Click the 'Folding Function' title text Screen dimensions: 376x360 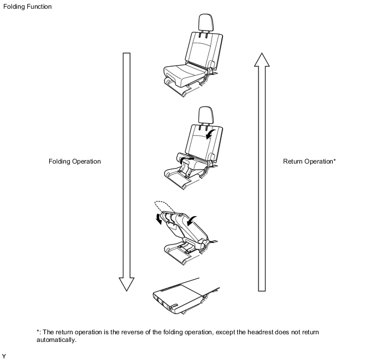tap(27, 7)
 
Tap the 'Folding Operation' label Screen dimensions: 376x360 tap(74, 161)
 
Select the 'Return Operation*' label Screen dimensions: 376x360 tap(309, 161)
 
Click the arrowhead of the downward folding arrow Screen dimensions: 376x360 tap(127, 284)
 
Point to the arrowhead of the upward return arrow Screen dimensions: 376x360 tap(262, 60)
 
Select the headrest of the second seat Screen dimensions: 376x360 tap(205, 115)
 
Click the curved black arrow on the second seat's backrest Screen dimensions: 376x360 tap(209, 134)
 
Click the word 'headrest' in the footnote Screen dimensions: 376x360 tap(260, 332)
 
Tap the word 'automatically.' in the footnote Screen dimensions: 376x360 tap(56, 340)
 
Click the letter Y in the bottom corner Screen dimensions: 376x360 tap(4, 356)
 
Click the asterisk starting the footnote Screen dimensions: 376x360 tap(38, 331)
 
